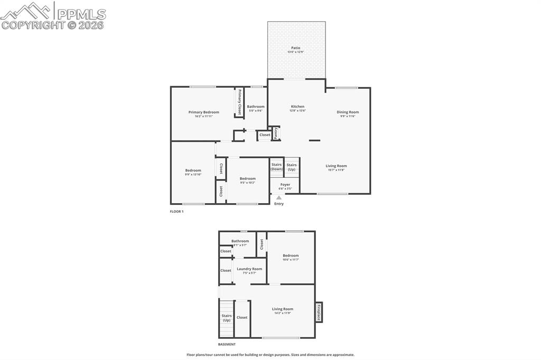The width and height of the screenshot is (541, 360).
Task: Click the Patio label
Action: click(295, 48)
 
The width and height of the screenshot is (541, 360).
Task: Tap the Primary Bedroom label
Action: click(203, 112)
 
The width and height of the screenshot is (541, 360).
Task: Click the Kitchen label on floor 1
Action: click(297, 107)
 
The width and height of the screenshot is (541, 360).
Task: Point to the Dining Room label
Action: click(348, 112)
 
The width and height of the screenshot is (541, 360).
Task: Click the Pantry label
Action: click(276, 133)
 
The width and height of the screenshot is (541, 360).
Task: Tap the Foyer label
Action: click(285, 185)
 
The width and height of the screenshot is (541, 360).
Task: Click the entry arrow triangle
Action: click(279, 198)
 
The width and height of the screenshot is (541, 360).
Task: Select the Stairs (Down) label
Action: click(277, 167)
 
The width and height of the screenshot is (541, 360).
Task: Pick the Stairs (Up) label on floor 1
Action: click(292, 167)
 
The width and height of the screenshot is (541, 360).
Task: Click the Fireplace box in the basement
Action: click(319, 312)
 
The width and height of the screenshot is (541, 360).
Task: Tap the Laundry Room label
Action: click(249, 269)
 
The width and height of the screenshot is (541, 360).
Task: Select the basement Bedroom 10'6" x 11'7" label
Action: click(291, 256)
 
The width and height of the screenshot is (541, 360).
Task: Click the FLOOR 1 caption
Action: click(176, 211)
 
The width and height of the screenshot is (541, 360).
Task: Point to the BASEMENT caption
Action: click(227, 344)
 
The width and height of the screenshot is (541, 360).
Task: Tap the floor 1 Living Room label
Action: click(336, 166)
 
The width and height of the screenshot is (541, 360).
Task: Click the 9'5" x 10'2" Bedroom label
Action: click(248, 179)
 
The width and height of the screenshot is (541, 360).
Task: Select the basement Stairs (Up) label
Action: click(226, 318)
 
